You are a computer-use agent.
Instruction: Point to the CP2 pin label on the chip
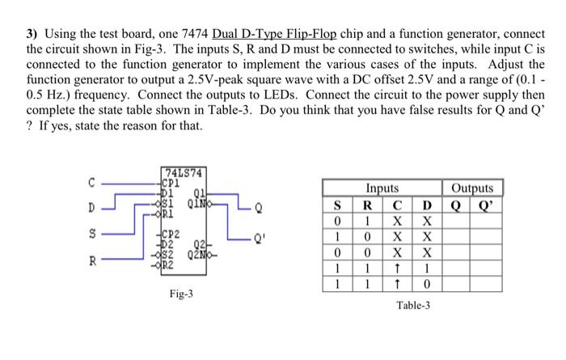pos(172,231)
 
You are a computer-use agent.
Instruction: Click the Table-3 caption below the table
pos(413,306)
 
